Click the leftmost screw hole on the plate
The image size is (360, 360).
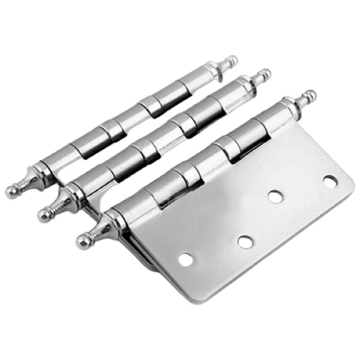tap(185, 259)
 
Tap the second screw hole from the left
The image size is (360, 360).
tap(244, 241)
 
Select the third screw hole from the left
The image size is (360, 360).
tap(276, 196)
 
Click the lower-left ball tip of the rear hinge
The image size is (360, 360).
tap(12, 191)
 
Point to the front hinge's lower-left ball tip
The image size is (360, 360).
tap(85, 240)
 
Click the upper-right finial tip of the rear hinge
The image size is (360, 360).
tap(232, 60)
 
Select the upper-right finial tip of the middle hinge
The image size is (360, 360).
tap(264, 75)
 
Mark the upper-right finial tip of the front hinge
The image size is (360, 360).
tap(310, 97)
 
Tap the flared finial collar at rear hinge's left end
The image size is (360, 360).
tap(33, 179)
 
